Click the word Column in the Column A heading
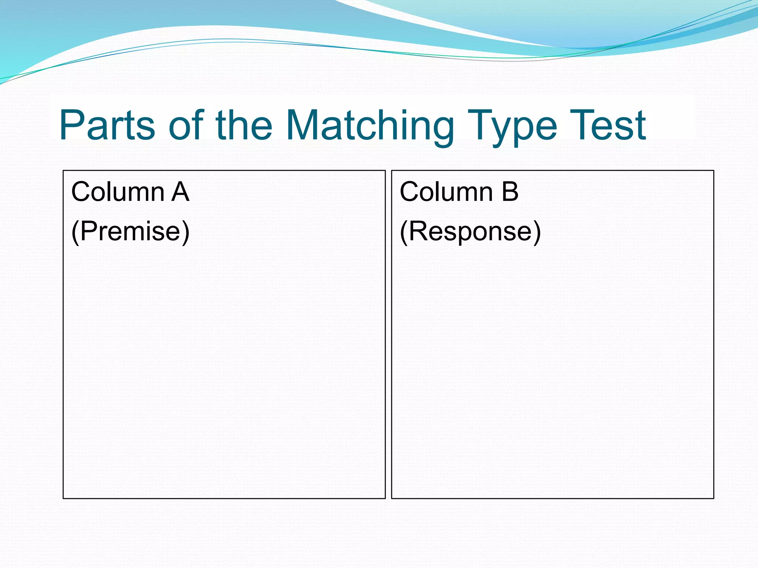118,192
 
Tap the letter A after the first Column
180,192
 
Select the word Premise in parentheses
130,231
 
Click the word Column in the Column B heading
446,192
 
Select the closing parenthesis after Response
537,232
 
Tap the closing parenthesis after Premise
185,232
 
